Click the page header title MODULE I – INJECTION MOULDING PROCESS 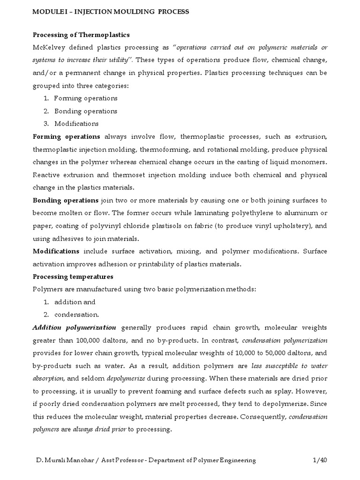[x=111, y=12]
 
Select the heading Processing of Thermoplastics [x=81, y=35]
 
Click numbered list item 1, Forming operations [x=85, y=98]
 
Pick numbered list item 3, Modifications [x=76, y=124]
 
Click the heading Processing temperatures [x=73, y=277]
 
